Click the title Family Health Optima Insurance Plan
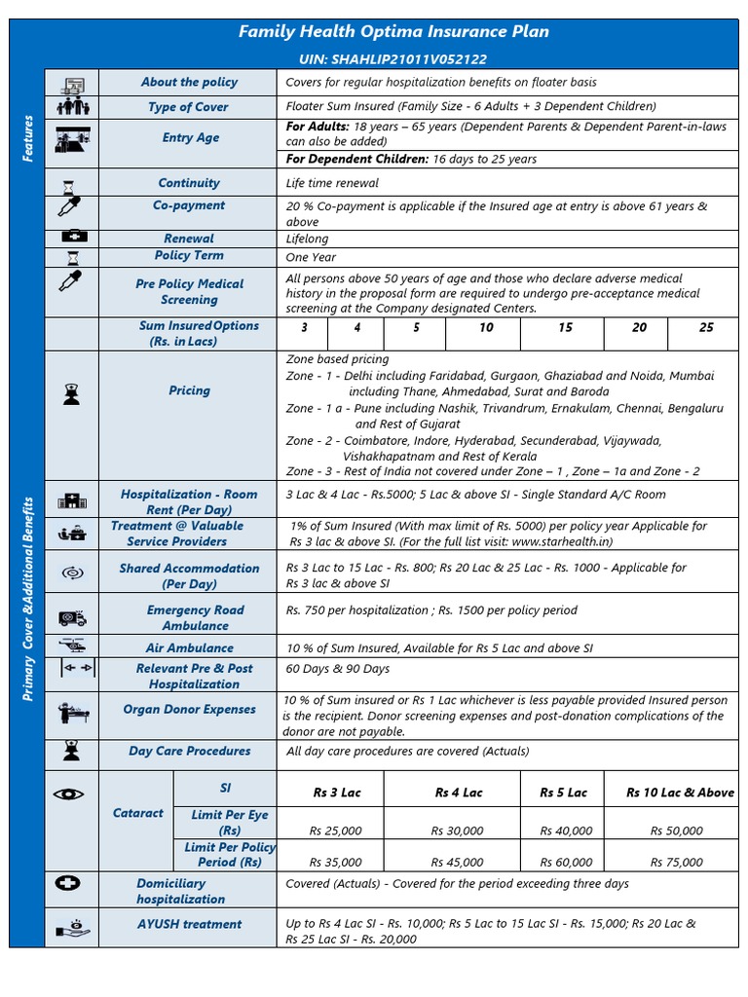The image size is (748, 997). pos(393,32)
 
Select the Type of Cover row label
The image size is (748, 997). pos(188,107)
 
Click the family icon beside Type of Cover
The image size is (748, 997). pos(73,107)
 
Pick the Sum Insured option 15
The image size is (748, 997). pos(565,328)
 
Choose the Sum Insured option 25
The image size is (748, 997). pos(706,328)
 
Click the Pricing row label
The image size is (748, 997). pos(188,390)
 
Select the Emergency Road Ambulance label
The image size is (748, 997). pos(195,617)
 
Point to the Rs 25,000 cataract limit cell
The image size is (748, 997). pos(335,831)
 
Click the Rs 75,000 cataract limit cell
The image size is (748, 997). pos(677,862)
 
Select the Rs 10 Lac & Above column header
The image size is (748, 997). pos(680,793)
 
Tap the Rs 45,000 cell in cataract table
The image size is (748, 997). pos(457,862)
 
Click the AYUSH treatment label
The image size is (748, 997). pos(189,924)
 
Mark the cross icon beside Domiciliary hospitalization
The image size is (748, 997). pos(70,884)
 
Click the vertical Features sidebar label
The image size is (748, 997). pos(28,138)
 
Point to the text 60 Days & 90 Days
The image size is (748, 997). pos(337,669)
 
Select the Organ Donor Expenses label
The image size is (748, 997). pos(189,710)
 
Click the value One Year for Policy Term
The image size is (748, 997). pos(310,257)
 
